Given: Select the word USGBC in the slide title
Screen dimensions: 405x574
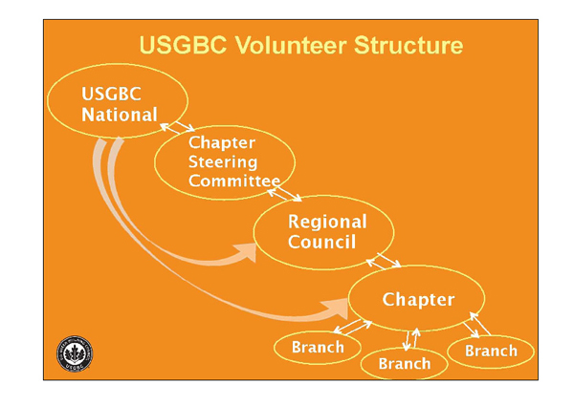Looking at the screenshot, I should (x=179, y=46).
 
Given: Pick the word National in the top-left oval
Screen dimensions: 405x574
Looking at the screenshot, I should (x=120, y=116).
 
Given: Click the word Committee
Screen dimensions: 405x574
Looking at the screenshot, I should (x=234, y=181).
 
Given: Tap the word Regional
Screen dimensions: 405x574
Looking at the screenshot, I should (x=327, y=222).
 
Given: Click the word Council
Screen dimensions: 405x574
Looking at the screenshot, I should (x=321, y=242).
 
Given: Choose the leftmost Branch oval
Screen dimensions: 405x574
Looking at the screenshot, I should (x=317, y=348).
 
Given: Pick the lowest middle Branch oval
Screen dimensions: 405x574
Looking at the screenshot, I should (x=405, y=363).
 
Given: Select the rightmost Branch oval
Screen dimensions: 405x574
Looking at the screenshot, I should (x=491, y=351).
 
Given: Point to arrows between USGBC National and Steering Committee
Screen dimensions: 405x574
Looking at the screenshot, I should (x=176, y=127).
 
